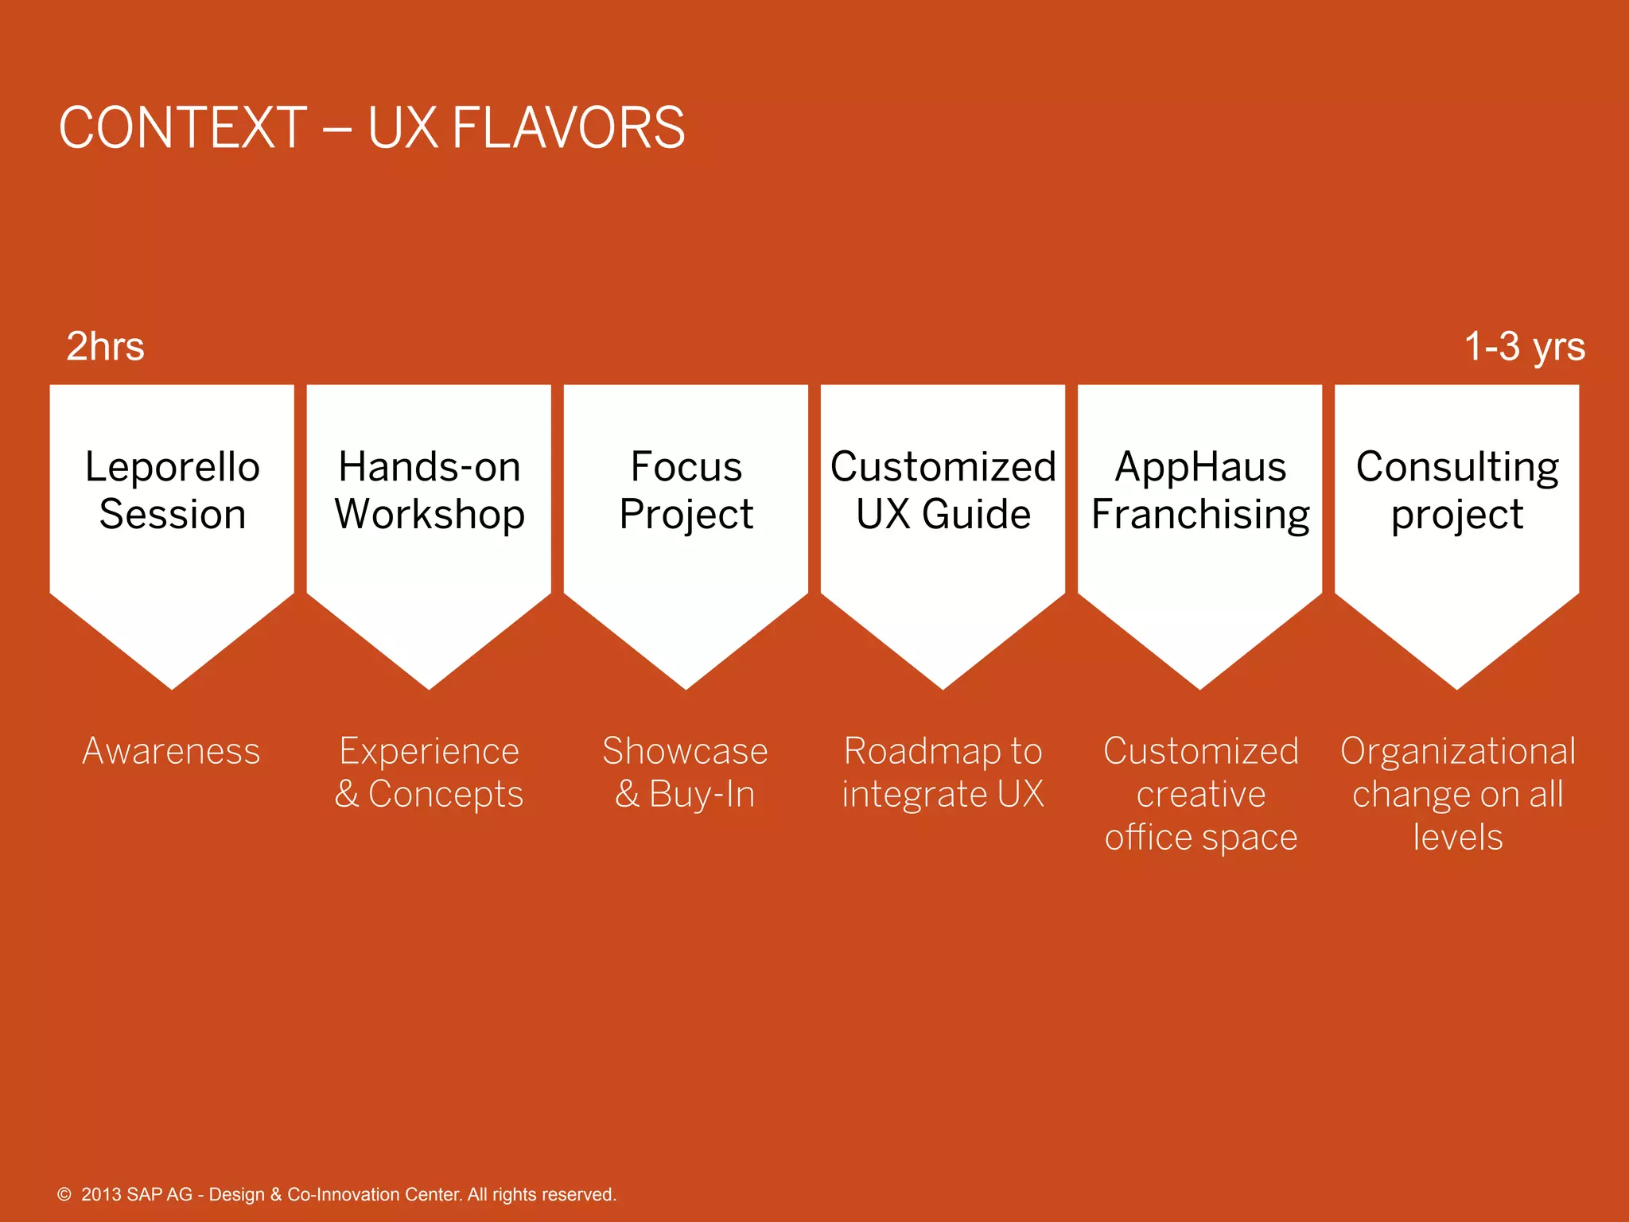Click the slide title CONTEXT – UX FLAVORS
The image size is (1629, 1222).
click(x=371, y=127)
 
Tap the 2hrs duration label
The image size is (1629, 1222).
click(x=105, y=347)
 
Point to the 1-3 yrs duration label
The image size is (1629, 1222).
click(x=1524, y=347)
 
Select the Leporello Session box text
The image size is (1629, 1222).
click(x=172, y=490)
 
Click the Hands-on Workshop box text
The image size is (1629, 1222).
click(x=429, y=490)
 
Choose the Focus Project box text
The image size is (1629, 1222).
click(x=686, y=490)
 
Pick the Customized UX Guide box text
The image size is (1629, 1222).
click(x=943, y=490)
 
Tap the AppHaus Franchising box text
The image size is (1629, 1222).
click(x=1199, y=490)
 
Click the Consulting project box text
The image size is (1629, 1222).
click(x=1456, y=490)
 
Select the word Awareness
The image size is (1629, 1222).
click(x=171, y=751)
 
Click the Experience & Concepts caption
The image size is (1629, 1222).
click(x=429, y=773)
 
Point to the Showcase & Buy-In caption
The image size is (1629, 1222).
click(x=685, y=773)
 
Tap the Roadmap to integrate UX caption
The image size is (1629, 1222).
click(x=943, y=773)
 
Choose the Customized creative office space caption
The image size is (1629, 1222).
click(x=1200, y=794)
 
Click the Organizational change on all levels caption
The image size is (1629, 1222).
click(x=1457, y=794)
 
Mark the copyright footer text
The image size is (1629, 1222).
click(x=337, y=1194)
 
